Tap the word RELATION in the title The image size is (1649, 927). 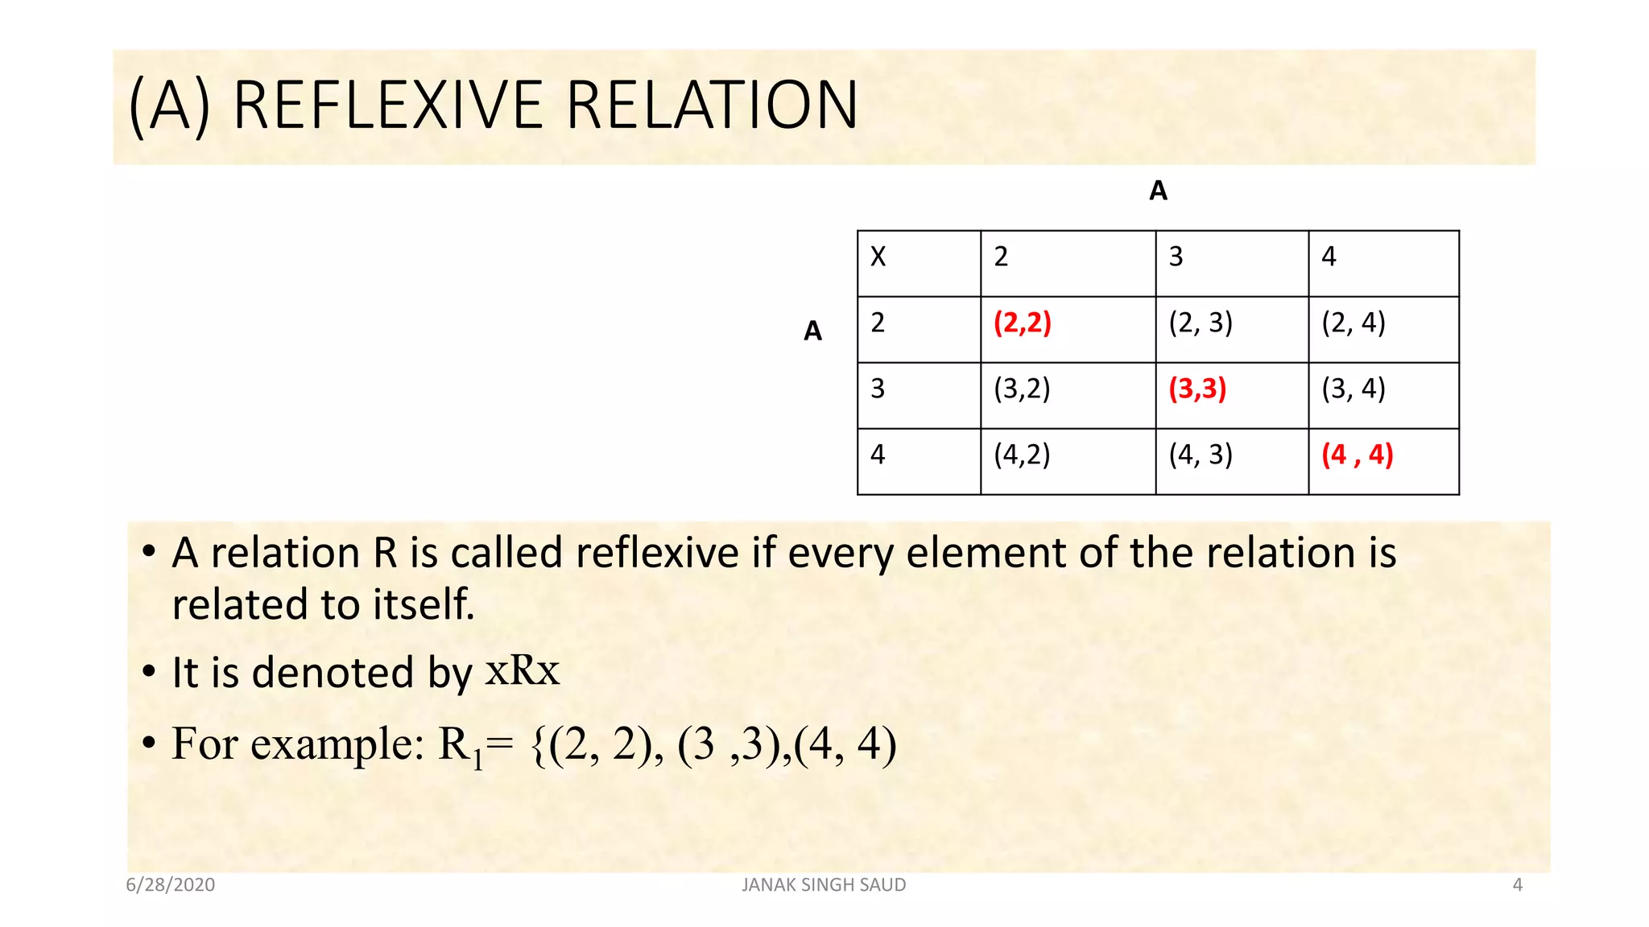(713, 105)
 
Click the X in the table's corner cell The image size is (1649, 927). (878, 257)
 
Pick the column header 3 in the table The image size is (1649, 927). (1176, 257)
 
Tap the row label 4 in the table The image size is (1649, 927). (878, 455)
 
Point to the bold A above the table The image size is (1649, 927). (1158, 191)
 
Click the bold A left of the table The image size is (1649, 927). (812, 331)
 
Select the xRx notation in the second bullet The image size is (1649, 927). (522, 670)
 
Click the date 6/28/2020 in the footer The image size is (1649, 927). (171, 885)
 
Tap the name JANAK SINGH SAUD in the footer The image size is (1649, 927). (824, 885)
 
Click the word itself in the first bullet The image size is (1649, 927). (424, 604)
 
